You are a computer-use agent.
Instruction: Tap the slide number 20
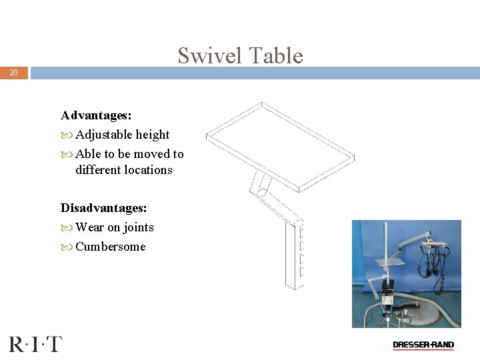point(14,73)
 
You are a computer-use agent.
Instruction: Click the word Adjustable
point(103,135)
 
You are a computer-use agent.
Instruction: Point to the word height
point(153,135)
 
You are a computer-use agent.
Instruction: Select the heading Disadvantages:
point(103,209)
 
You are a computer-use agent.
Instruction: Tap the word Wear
point(90,227)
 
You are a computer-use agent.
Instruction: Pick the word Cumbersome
point(110,247)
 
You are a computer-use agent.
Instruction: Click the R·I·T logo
point(35,344)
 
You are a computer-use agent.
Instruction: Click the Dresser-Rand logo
point(423,345)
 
